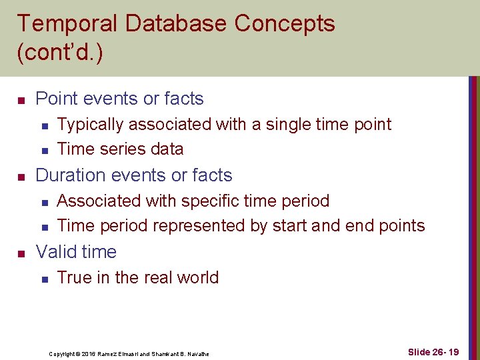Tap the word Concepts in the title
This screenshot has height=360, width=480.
click(x=285, y=24)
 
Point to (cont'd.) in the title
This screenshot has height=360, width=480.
click(x=60, y=53)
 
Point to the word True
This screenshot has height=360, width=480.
click(x=74, y=278)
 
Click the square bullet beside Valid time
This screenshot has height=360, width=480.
click(x=21, y=253)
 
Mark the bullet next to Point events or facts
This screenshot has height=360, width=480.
click(x=21, y=100)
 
